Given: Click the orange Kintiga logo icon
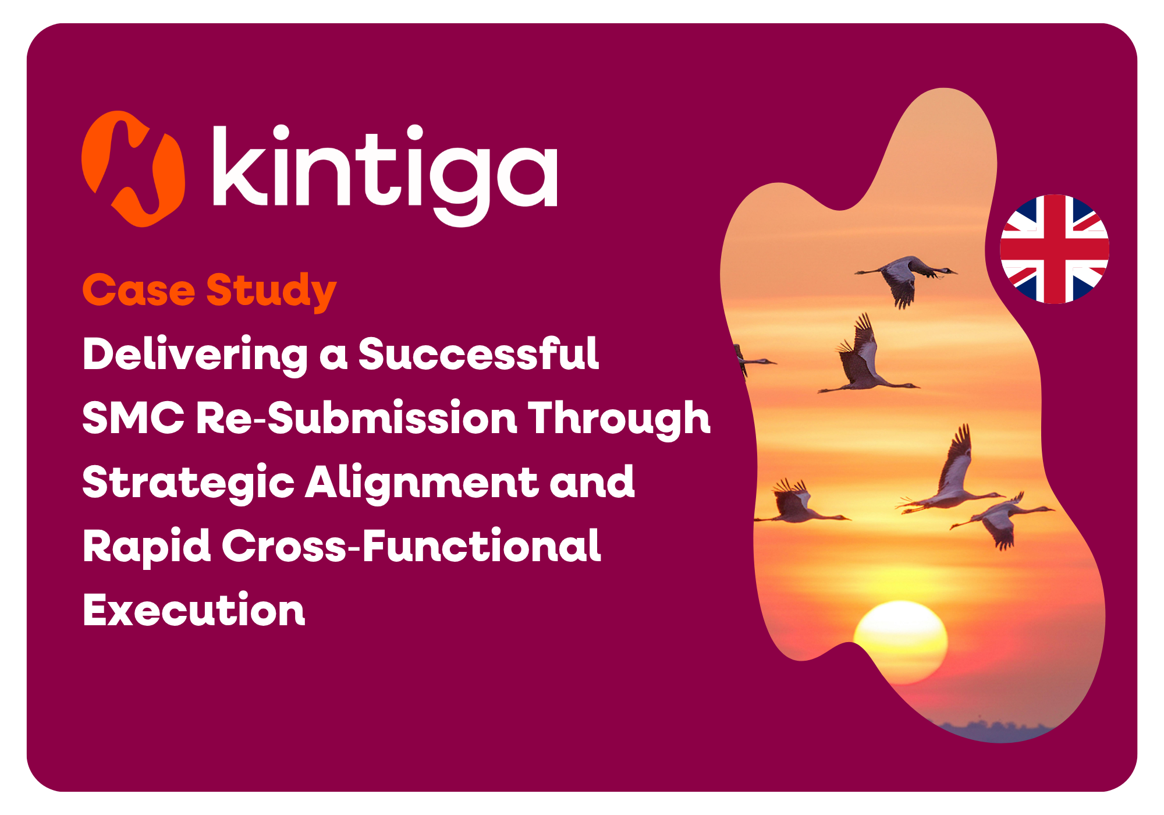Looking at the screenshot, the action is [x=133, y=169].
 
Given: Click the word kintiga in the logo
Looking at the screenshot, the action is [x=385, y=175].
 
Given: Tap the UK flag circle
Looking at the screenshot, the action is [x=1055, y=249].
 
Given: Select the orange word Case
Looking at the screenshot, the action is [x=139, y=290].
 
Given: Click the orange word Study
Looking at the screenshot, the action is [x=271, y=292].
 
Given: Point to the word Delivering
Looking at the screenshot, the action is [x=196, y=356].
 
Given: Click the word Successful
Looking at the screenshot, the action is [x=478, y=353].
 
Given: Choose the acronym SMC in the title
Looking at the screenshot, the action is [x=133, y=417].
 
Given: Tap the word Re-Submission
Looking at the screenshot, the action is [x=357, y=417].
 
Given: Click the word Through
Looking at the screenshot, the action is [x=619, y=419].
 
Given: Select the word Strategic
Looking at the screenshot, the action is [x=189, y=484].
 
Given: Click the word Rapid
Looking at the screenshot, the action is [x=147, y=547].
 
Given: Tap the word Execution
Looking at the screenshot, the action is [x=194, y=610].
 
